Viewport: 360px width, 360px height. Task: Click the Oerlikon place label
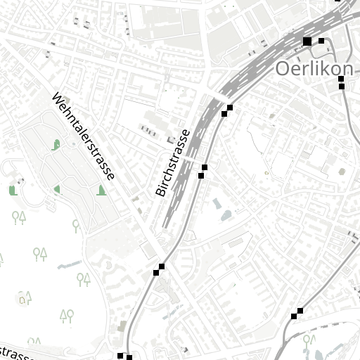pyautogui.click(x=314, y=69)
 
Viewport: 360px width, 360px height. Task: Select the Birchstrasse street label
pyautogui.click(x=172, y=162)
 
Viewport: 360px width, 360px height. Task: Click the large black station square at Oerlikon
pyautogui.click(x=307, y=42)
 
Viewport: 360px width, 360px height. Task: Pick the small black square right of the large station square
pyautogui.click(x=321, y=41)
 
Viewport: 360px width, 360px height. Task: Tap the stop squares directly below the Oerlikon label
pyautogui.click(x=342, y=83)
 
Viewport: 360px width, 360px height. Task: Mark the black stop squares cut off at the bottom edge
pyautogui.click(x=124, y=356)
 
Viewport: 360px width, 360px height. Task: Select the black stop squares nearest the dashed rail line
pyautogui.click(x=297, y=314)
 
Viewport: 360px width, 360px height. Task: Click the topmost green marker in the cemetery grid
pyautogui.click(x=56, y=146)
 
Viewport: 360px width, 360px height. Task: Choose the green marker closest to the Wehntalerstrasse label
pyautogui.click(x=102, y=191)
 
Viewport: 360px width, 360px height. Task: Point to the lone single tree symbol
pyautogui.click(x=76, y=225)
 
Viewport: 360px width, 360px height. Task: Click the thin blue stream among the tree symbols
pyautogui.click(x=68, y=265)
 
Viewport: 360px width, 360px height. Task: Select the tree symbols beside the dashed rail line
pyautogui.click(x=307, y=342)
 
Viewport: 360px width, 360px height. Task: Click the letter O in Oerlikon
pyautogui.click(x=283, y=69)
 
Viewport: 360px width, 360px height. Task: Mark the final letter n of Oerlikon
pyautogui.click(x=347, y=69)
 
